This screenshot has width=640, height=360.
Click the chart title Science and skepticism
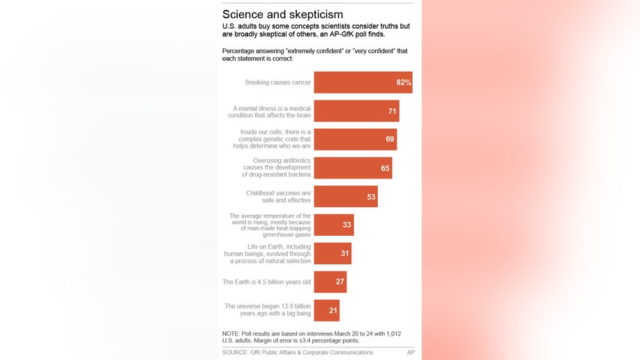click(282, 14)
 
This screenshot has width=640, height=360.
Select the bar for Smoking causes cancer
click(363, 82)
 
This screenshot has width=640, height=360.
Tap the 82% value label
click(404, 82)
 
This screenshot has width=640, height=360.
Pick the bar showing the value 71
click(356, 111)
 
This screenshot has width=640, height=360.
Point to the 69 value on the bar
click(390, 140)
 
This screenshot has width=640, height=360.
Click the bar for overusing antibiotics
click(352, 168)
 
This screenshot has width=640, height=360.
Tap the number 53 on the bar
click(372, 197)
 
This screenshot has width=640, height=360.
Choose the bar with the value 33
click(333, 225)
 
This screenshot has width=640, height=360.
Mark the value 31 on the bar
click(345, 254)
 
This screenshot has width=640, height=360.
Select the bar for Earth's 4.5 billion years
click(330, 282)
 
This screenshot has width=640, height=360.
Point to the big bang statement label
click(268, 310)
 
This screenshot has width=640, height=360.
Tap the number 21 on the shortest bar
click(333, 310)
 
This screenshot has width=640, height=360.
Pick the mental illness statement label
click(272, 111)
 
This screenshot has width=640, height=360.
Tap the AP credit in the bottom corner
click(411, 352)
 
